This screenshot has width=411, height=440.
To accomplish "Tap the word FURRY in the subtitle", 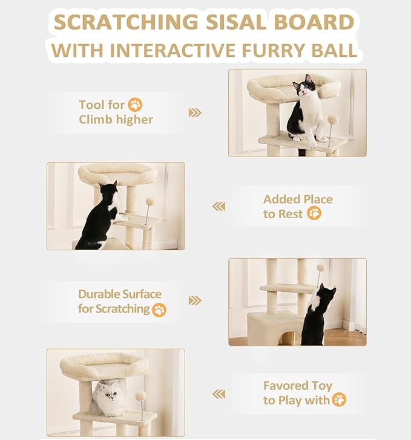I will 270,50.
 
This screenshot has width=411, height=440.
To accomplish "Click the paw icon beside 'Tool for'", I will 135,105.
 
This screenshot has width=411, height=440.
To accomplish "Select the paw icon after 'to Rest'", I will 314,213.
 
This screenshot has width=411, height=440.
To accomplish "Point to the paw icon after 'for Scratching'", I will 159,309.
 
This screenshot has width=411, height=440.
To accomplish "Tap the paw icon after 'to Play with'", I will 339,400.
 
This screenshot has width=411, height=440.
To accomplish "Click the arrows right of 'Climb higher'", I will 194,112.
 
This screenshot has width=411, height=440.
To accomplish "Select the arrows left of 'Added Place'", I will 219,207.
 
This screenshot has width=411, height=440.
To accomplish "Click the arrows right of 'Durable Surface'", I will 194,300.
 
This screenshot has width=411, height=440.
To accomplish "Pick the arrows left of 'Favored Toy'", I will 219,394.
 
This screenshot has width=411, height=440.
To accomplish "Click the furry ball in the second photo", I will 150,202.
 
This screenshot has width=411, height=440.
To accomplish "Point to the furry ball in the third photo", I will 320,267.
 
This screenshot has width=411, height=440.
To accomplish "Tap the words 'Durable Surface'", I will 119,294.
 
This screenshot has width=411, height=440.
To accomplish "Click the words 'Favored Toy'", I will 297,386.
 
